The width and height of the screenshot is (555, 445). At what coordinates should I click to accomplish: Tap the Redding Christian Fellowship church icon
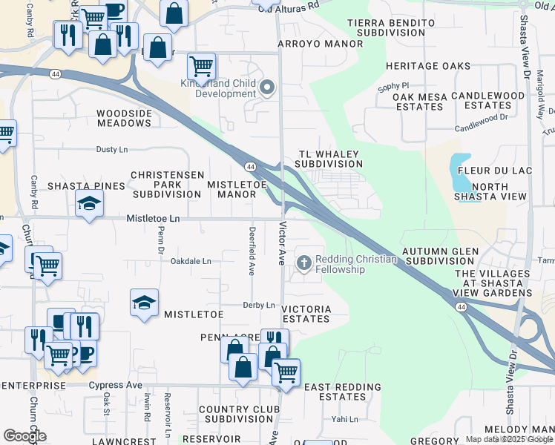[x=303, y=263]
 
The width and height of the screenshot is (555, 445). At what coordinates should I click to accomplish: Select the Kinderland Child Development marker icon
[x=267, y=89]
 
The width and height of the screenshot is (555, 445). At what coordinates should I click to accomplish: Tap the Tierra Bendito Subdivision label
[x=391, y=28]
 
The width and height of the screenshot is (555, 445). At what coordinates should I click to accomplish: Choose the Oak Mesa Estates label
[x=419, y=102]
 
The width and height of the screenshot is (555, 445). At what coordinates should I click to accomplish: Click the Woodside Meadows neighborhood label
[x=125, y=118]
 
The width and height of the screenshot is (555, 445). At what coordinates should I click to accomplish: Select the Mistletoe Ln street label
[x=153, y=219]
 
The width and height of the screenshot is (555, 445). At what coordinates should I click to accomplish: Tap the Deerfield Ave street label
[x=252, y=251]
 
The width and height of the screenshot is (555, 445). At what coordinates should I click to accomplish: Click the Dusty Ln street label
[x=112, y=150]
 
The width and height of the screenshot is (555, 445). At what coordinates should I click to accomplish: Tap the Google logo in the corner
[x=24, y=436]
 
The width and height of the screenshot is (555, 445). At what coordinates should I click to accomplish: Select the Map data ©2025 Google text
[x=509, y=439]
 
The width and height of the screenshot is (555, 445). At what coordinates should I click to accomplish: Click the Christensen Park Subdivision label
[x=166, y=184]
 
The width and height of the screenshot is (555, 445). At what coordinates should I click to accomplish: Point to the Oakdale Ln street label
[x=191, y=262]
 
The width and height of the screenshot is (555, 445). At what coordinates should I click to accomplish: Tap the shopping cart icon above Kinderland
[x=201, y=66]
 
